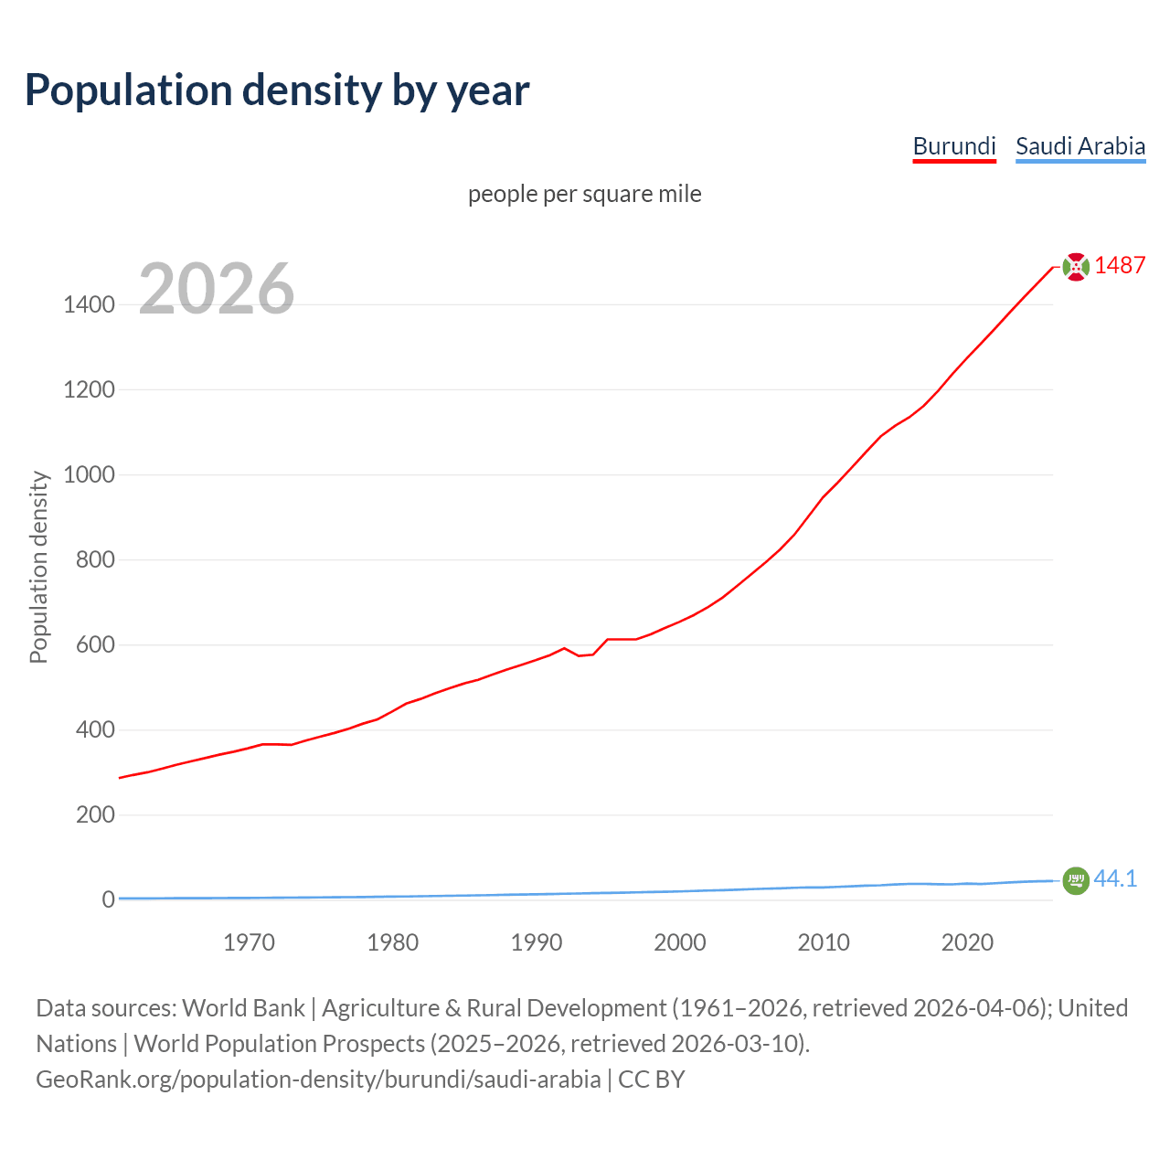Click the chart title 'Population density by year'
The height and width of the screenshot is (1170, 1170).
[x=277, y=90]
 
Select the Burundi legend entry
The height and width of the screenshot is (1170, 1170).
[x=954, y=146]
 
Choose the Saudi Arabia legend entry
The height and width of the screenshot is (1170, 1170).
[x=1080, y=146]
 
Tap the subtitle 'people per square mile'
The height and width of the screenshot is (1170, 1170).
[x=584, y=195]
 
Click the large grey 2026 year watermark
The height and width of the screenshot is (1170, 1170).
[x=217, y=289]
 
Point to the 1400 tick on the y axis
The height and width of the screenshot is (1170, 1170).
[x=89, y=305]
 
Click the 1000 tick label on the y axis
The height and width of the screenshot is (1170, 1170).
[x=89, y=475]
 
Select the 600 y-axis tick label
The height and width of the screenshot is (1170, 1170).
[x=95, y=645]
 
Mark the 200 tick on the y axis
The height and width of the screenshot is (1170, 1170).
[x=95, y=815]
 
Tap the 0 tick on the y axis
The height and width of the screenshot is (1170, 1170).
[x=109, y=900]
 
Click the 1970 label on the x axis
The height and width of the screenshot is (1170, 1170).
[x=249, y=942]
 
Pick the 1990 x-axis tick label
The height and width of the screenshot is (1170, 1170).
[x=537, y=942]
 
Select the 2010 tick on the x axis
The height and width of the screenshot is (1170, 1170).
[x=824, y=942]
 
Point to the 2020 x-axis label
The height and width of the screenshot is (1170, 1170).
[x=967, y=942]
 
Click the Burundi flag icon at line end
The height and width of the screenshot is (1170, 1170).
[x=1076, y=266]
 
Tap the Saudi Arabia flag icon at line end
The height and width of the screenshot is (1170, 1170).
[x=1076, y=880]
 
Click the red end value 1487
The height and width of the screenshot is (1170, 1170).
[x=1120, y=266]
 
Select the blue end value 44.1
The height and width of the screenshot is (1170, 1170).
[x=1115, y=879]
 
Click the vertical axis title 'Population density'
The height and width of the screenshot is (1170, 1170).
[x=38, y=567]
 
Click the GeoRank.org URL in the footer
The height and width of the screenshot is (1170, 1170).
[x=318, y=1080]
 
